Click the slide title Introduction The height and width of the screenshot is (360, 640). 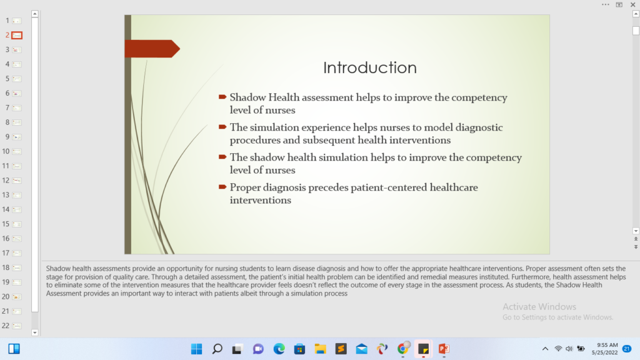(370, 67)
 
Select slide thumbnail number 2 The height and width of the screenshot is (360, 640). (17, 35)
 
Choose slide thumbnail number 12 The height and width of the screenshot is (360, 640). (17, 181)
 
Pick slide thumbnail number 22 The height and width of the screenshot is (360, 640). (17, 326)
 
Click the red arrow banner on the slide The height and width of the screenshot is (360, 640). (152, 49)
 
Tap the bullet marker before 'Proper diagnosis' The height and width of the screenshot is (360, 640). (222, 187)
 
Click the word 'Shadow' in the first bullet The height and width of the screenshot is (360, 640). (247, 97)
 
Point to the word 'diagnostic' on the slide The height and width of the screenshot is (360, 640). (479, 127)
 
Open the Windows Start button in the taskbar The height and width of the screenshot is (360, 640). (196, 349)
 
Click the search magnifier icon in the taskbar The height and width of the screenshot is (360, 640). (217, 349)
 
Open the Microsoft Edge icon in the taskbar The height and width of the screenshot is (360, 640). (279, 349)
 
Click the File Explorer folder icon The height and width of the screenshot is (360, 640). (321, 349)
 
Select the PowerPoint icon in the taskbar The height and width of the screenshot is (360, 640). (444, 349)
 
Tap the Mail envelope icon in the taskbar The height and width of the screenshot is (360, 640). (362, 349)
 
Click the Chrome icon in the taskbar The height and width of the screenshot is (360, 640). (403, 349)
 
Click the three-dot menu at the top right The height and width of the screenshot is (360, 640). (605, 4)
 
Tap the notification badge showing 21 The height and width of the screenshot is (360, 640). (627, 349)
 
